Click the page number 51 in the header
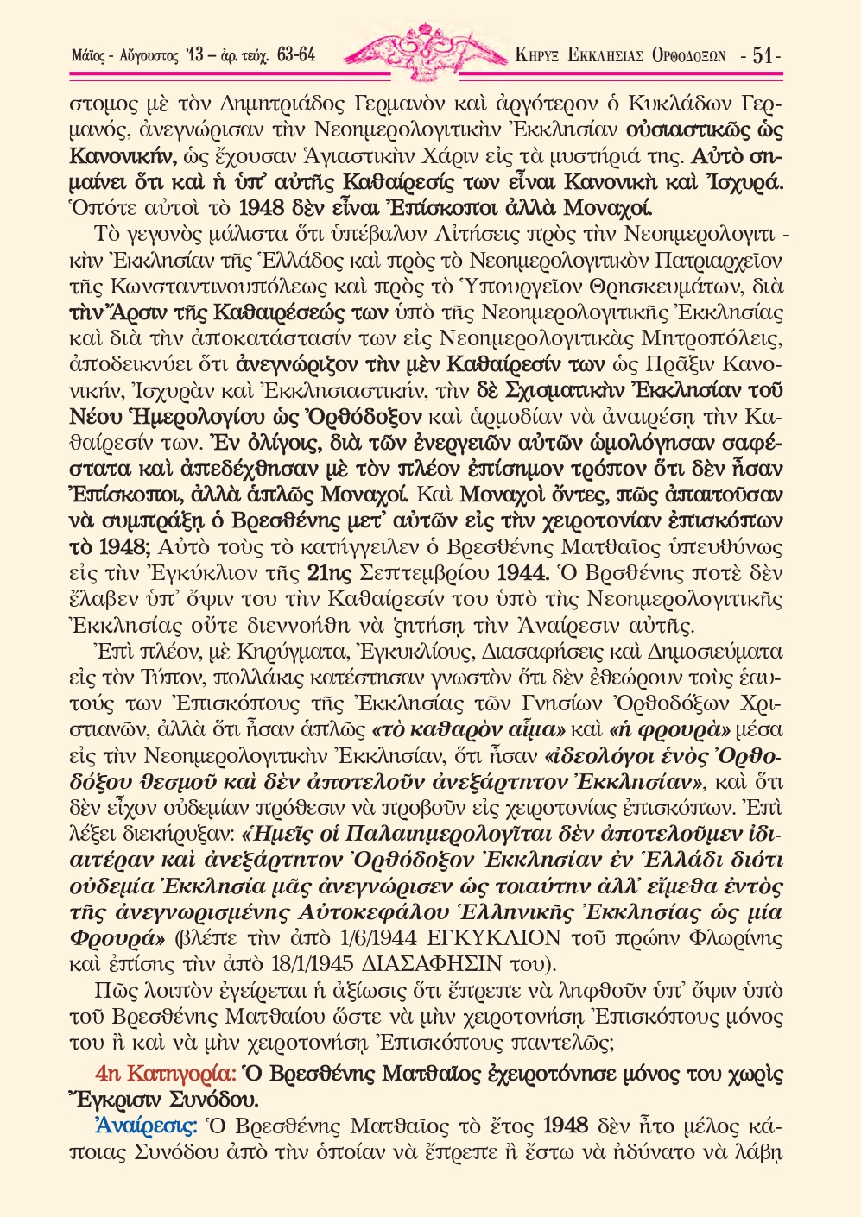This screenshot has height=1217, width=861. tap(763, 56)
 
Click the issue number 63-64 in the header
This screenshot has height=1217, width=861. tap(296, 57)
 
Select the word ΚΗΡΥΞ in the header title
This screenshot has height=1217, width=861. tap(536, 57)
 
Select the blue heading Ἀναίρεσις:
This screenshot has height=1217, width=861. tap(146, 1126)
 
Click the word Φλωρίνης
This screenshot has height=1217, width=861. tap(734, 937)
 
